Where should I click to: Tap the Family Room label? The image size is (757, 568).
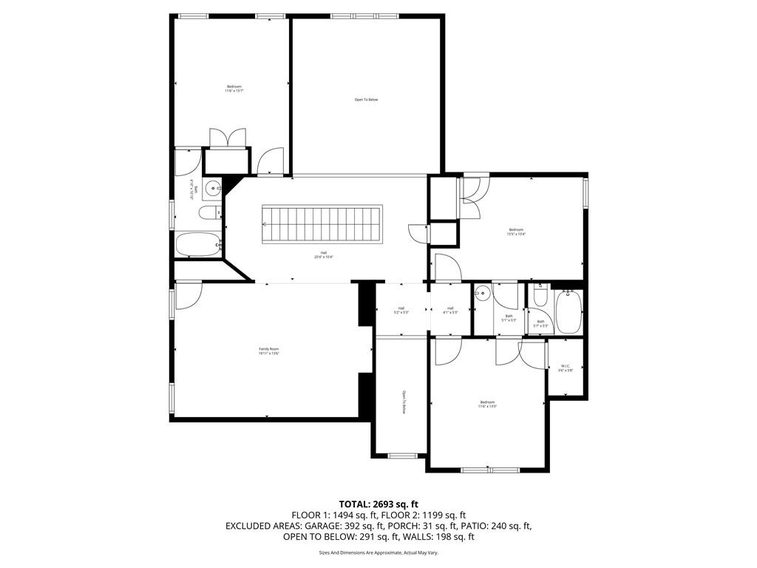pos(268,351)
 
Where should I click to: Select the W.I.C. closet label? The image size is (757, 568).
pos(566,368)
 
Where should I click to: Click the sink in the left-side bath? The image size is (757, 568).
pos(211,187)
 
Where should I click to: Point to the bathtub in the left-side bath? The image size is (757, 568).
pos(197,245)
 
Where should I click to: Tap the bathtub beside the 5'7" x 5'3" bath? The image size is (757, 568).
pos(568,313)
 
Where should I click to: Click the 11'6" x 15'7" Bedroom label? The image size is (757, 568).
pos(234,89)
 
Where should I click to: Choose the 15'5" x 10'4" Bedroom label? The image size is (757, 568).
pos(516,231)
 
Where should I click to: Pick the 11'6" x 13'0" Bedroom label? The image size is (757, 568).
pos(486,405)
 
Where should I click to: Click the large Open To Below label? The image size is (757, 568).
pos(366,100)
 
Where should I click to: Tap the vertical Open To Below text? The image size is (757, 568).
pos(404,402)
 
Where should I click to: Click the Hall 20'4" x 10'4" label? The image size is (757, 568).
pos(324,255)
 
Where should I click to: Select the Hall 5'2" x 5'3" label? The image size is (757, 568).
pos(401,311)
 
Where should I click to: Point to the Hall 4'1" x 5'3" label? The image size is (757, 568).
pos(450,311)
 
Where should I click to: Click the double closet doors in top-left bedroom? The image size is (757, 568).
pos(227,138)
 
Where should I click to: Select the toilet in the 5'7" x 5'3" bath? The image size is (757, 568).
pos(540,297)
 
